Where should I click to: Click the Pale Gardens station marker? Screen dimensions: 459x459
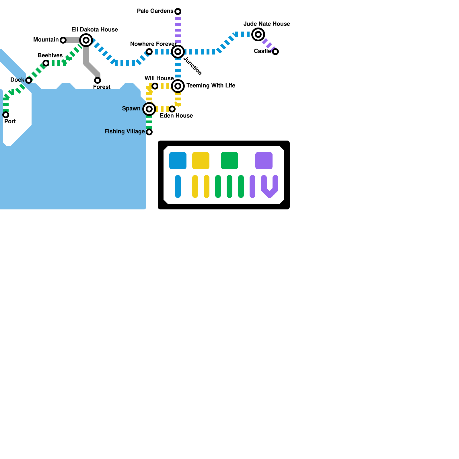[x=178, y=11]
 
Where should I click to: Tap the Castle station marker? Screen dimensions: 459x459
[x=275, y=52]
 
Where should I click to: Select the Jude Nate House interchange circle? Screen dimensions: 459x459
[x=258, y=34]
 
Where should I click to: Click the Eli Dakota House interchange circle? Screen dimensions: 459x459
[x=86, y=40]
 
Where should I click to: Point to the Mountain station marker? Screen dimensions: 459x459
[x=63, y=40]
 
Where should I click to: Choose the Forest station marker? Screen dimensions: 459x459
[x=98, y=80]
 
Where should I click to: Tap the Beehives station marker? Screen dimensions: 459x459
[x=46, y=63]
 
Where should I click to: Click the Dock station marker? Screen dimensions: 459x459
[x=29, y=80]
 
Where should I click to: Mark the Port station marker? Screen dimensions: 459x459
[x=6, y=115]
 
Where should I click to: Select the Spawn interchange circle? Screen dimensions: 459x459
[x=149, y=109]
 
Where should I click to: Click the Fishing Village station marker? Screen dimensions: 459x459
[x=149, y=132]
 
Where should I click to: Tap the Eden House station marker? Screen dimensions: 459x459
[x=172, y=109]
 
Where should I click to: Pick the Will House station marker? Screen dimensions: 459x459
[x=155, y=86]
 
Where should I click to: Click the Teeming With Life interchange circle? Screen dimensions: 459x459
[x=178, y=86]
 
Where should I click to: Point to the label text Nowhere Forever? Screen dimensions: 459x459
[x=153, y=44]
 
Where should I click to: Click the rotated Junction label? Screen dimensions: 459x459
[x=192, y=66]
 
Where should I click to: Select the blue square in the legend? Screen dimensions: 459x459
[x=178, y=161]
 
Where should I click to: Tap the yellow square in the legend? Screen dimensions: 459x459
[x=201, y=161]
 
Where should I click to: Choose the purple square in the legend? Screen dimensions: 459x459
[x=264, y=161]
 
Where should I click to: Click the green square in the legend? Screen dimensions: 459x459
[x=229, y=161]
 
